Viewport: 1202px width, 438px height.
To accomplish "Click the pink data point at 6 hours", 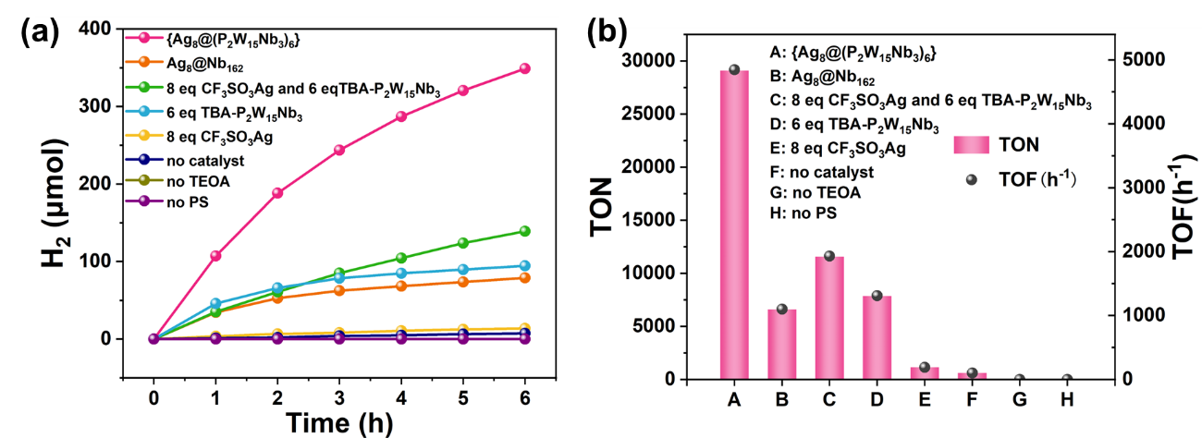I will tap(524, 68).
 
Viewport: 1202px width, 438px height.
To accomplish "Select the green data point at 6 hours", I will tap(524, 231).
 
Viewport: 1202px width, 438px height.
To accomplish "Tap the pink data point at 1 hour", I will tap(215, 256).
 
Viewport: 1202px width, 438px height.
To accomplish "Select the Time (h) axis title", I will tap(338, 422).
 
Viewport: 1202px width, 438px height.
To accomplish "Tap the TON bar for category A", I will tap(734, 225).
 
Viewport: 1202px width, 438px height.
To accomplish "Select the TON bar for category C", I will tap(829, 317).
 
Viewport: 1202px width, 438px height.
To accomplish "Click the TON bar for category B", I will tap(781, 344).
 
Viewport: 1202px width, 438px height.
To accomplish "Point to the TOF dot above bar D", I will tap(877, 296).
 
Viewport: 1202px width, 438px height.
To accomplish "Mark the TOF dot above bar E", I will tap(925, 367).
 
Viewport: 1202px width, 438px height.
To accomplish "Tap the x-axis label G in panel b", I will tap(1019, 399).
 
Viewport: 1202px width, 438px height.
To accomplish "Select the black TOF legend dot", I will tap(975, 181).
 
